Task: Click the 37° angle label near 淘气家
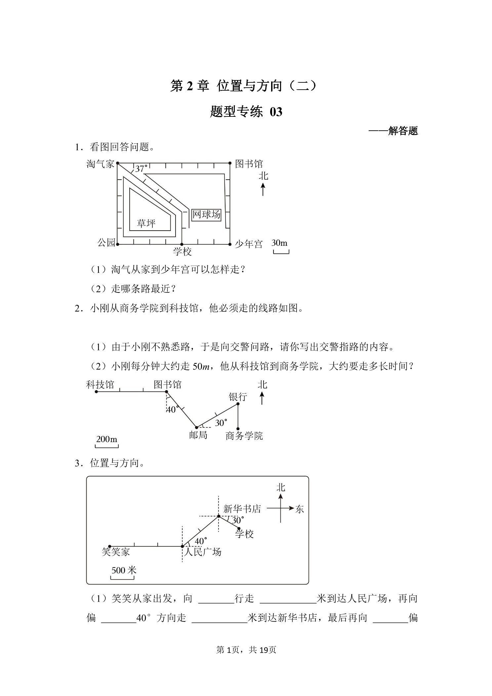pyautogui.click(x=142, y=169)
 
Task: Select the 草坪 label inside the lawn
pyautogui.click(x=146, y=224)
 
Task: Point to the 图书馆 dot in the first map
pyautogui.click(x=230, y=163)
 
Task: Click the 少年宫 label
pyautogui.click(x=249, y=244)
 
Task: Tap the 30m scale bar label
pyautogui.click(x=279, y=243)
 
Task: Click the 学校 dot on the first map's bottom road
pyautogui.click(x=182, y=244)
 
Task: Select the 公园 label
pyautogui.click(x=106, y=242)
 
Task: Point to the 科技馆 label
pyautogui.click(x=100, y=385)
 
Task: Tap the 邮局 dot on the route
pyautogui.click(x=196, y=427)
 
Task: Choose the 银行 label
pyautogui.click(x=238, y=397)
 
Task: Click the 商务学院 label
pyautogui.click(x=244, y=436)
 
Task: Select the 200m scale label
pyautogui.click(x=106, y=439)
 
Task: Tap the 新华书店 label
pyautogui.click(x=242, y=509)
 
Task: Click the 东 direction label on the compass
pyautogui.click(x=300, y=509)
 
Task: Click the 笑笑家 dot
pyautogui.click(x=110, y=546)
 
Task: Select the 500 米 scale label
pyautogui.click(x=124, y=570)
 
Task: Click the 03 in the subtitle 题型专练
pyautogui.click(x=276, y=112)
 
